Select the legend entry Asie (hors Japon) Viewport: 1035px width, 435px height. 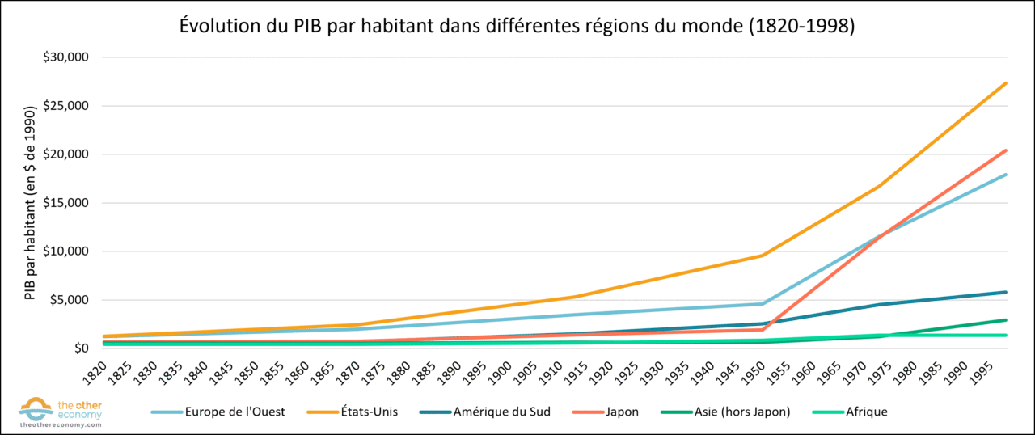[737, 412]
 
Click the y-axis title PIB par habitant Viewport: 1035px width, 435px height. [30, 202]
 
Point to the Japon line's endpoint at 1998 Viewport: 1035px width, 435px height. [1006, 150]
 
